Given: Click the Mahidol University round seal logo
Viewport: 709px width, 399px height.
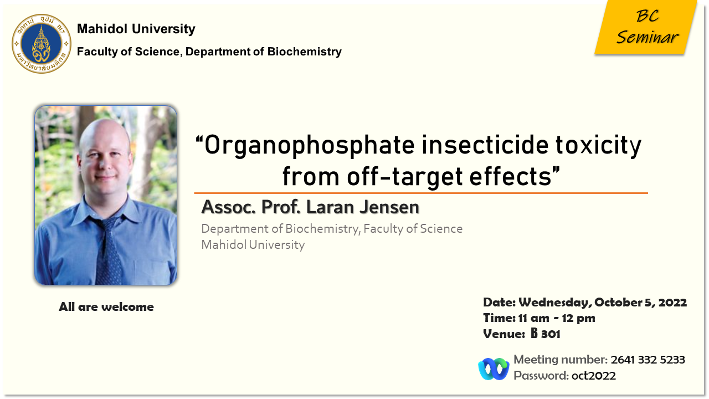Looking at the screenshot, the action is click(x=42, y=44).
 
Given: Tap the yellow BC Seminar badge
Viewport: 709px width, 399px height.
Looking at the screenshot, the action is click(x=646, y=27).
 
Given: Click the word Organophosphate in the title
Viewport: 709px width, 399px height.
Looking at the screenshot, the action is click(x=310, y=146).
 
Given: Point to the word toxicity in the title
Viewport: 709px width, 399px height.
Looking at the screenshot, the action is click(x=598, y=146).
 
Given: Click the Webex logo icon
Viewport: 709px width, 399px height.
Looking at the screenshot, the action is click(x=494, y=369).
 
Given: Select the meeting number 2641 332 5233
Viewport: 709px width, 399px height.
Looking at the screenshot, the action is click(x=648, y=360).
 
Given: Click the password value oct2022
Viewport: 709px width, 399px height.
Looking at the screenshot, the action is click(x=593, y=376).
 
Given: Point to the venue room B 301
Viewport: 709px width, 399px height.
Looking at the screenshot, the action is click(x=545, y=334).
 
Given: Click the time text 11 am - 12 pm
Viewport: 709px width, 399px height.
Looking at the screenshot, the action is click(x=557, y=318).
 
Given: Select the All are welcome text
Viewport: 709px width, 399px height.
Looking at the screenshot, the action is click(x=106, y=306).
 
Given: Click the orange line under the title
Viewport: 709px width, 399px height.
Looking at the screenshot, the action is click(x=421, y=193).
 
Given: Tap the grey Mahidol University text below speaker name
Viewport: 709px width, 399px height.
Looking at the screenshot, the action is click(x=253, y=245).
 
